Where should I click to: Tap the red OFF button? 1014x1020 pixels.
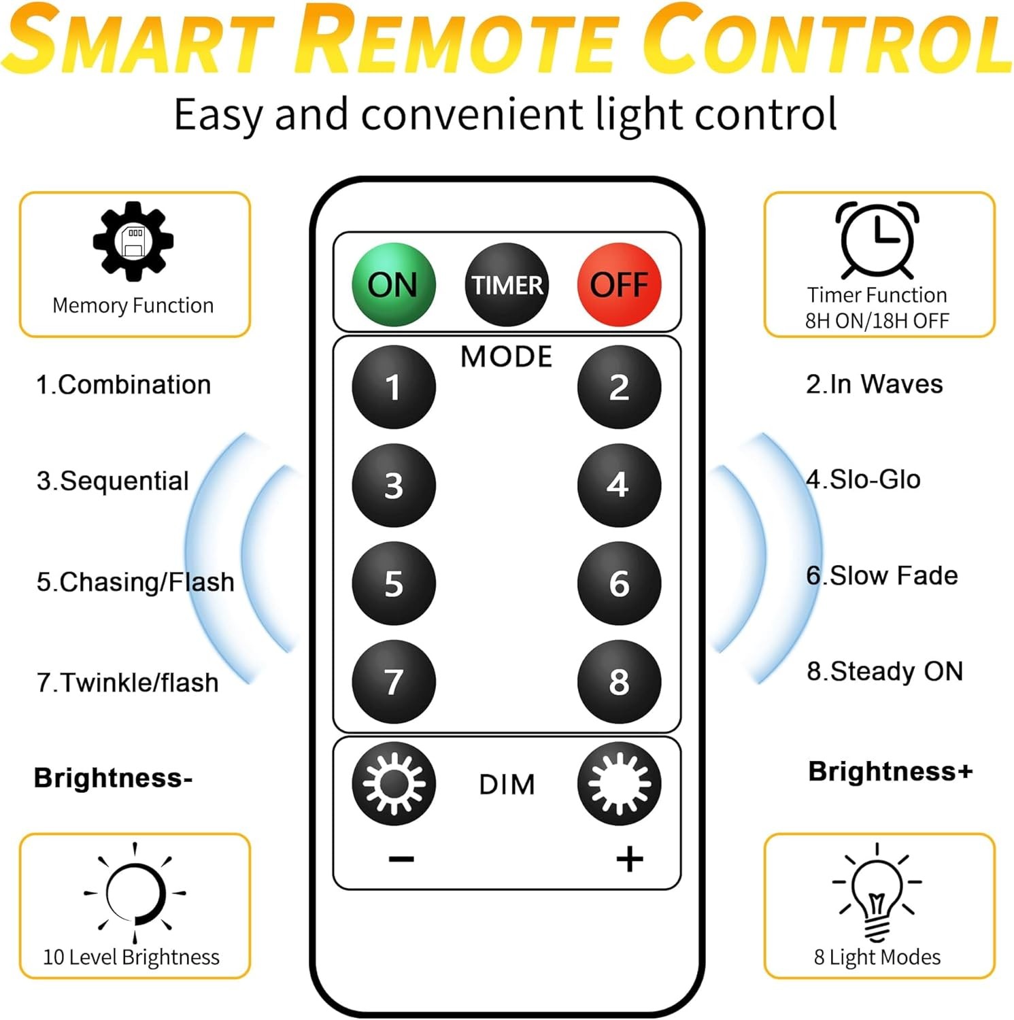click(x=619, y=285)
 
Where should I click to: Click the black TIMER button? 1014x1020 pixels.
click(x=507, y=285)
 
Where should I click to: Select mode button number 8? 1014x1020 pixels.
click(x=619, y=681)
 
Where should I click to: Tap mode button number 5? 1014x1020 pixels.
click(x=394, y=583)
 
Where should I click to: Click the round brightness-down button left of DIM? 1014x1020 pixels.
click(x=394, y=783)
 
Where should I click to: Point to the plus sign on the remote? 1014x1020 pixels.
click(x=630, y=859)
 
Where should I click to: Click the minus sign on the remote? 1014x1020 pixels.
click(x=401, y=860)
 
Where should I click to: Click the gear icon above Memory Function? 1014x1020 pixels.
click(x=133, y=241)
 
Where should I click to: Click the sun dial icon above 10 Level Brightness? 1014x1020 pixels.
click(x=135, y=891)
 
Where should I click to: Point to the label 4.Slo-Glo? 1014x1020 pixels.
click(x=863, y=479)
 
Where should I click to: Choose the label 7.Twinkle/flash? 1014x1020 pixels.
click(x=128, y=682)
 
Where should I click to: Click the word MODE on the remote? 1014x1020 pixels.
click(x=507, y=357)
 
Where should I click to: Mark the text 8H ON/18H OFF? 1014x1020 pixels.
click(x=877, y=321)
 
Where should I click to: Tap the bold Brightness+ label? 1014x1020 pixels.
click(x=890, y=771)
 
